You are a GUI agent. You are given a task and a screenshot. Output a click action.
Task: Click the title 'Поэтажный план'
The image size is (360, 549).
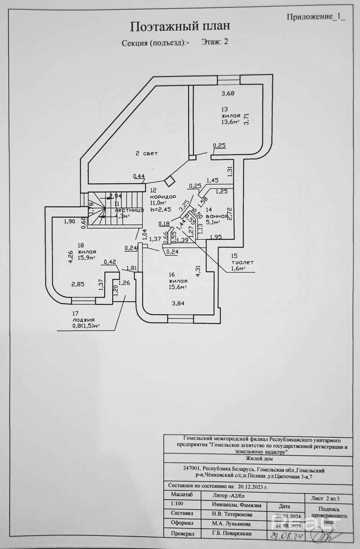coord(179,26)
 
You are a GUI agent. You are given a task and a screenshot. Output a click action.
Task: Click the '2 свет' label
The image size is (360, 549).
coord(146,153)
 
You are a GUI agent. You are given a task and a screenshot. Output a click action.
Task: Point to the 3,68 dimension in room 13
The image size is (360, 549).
coord(228,93)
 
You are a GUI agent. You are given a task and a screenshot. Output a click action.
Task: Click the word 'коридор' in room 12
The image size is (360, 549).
coord(163,197)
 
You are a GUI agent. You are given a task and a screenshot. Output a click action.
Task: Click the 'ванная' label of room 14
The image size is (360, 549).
coord(217,216)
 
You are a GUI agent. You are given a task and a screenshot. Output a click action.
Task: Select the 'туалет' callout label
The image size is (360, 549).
coord(242,262)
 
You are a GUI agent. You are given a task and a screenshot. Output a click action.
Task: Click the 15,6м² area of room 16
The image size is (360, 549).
coord(178,287)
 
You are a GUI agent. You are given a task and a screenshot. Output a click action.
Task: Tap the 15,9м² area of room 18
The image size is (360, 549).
coord(86,258)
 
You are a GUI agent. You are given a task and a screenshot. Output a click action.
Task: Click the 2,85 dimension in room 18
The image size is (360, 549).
coord(78,284)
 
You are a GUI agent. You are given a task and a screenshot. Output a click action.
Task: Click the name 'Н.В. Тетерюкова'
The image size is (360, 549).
coord(232,514)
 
